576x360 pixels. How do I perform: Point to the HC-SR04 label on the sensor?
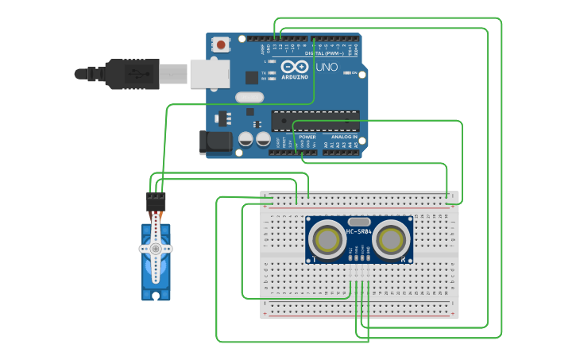point(358,232)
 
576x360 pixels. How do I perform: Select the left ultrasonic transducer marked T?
point(327,238)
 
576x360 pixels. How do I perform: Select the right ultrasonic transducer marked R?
point(391,238)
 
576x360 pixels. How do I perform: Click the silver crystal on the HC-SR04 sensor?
point(358,222)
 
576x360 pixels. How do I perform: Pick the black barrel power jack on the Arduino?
point(215,142)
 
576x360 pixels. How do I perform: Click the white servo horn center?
point(156,248)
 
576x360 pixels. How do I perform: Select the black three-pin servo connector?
point(156,200)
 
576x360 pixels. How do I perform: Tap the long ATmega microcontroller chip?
point(315,121)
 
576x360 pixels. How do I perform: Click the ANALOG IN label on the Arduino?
point(343,137)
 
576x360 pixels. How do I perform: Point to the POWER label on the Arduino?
point(307,137)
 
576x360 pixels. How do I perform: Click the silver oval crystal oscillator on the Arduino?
point(249,97)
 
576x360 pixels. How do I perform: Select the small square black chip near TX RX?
point(252,77)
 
